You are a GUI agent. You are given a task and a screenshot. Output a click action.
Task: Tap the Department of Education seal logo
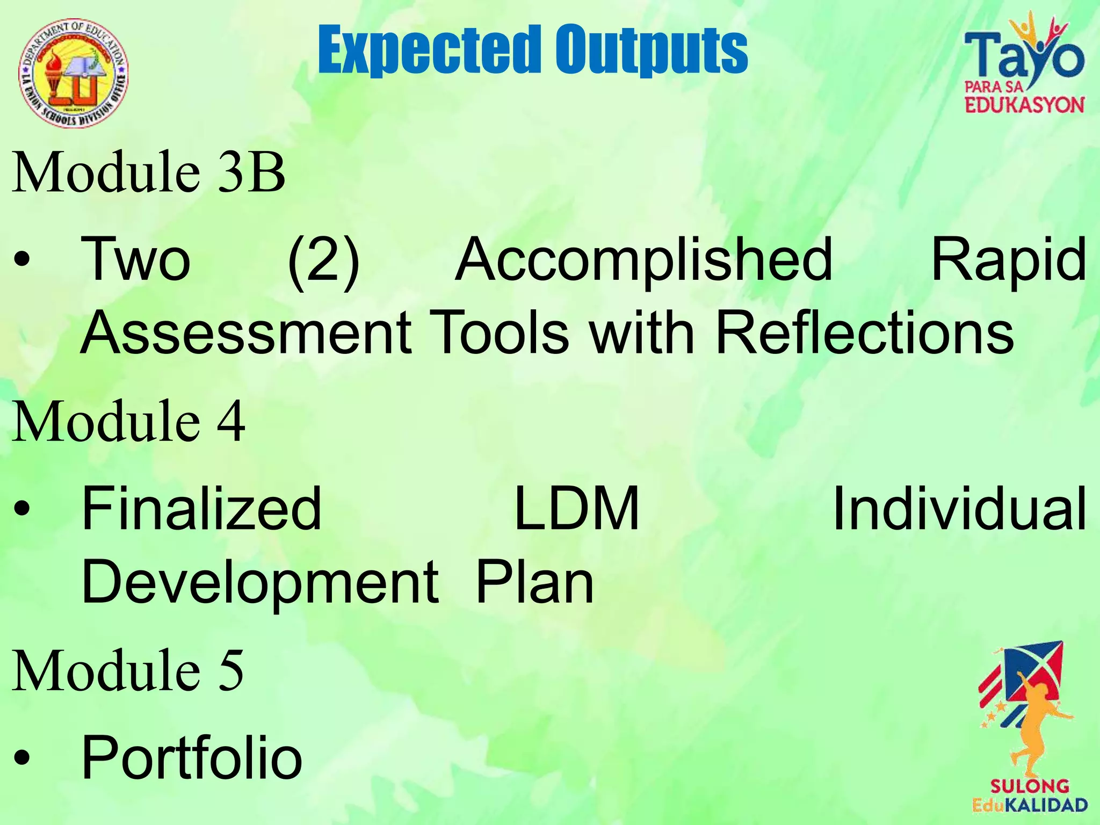click(x=74, y=73)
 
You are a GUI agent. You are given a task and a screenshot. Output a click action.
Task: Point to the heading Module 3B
click(x=148, y=172)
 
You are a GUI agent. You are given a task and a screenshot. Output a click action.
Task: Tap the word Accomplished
click(x=643, y=260)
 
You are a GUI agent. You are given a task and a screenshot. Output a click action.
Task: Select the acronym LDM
click(x=576, y=508)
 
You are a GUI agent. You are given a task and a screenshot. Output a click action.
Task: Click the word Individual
click(x=959, y=508)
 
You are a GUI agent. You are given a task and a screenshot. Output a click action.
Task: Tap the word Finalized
click(x=201, y=508)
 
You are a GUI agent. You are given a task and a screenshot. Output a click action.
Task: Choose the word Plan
click(x=534, y=582)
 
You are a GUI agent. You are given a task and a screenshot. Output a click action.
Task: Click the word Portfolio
click(x=192, y=757)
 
